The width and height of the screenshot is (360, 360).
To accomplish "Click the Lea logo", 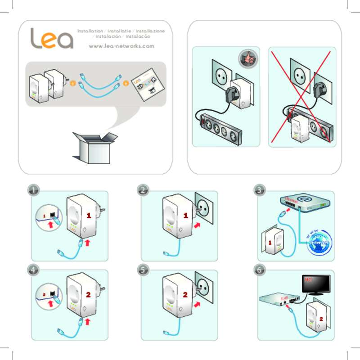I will click(x=51, y=39).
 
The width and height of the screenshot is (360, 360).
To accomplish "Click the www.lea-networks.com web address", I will click(x=121, y=46).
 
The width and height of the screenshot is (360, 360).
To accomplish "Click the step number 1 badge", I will click(x=32, y=190).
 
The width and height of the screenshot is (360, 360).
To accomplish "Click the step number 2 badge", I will click(x=143, y=190).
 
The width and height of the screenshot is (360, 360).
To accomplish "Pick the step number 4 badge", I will click(x=32, y=270).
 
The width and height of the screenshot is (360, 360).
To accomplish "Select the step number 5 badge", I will click(x=143, y=270).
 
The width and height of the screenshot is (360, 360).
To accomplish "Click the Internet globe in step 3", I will click(x=319, y=243).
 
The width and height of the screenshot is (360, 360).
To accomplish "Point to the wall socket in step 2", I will click(x=206, y=208).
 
